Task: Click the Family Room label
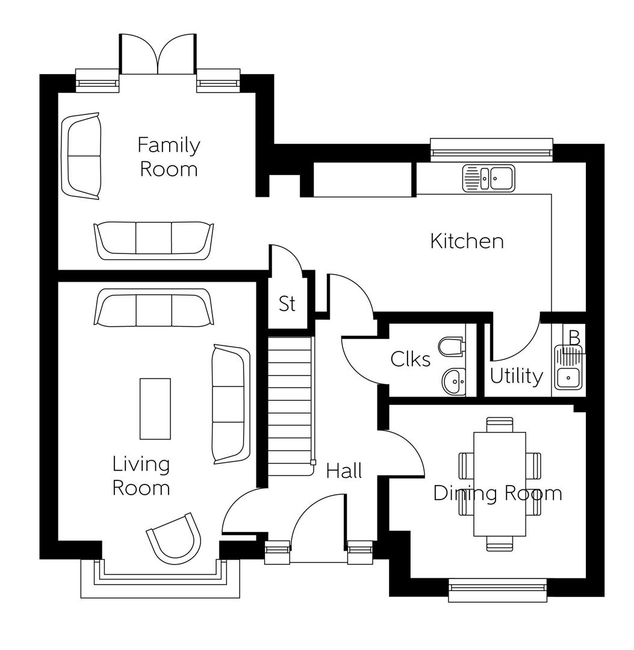pyautogui.click(x=169, y=156)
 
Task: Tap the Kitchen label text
pyautogui.click(x=467, y=241)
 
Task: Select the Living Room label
pyautogui.click(x=141, y=475)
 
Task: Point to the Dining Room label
pyautogui.click(x=497, y=494)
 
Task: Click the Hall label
pyautogui.click(x=344, y=471)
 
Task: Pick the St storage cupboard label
pyautogui.click(x=287, y=304)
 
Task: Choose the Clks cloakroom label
pyautogui.click(x=411, y=359)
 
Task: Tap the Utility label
pyautogui.click(x=516, y=376)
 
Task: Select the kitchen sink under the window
pyautogui.click(x=488, y=178)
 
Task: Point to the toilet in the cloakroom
pyautogui.click(x=451, y=347)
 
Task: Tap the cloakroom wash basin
pyautogui.click(x=453, y=380)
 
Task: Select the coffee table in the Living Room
pyautogui.click(x=155, y=409)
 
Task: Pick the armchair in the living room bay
pyautogui.click(x=175, y=536)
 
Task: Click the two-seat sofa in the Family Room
pyautogui.click(x=81, y=155)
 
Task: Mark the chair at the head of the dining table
pyautogui.click(x=499, y=424)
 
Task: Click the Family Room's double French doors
pyautogui.click(x=158, y=54)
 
